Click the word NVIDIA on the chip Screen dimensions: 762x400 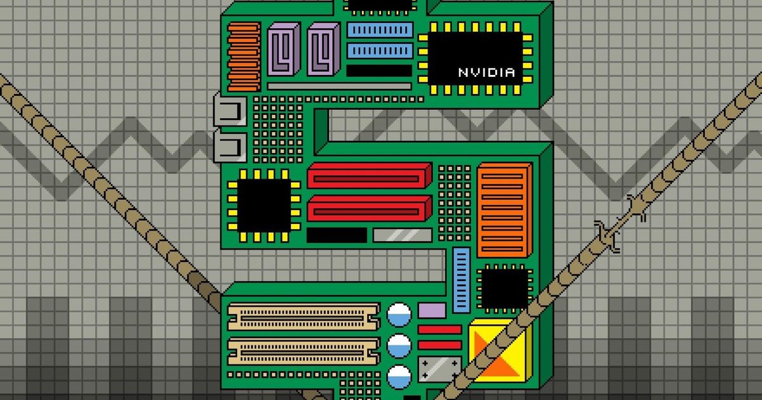pos(486,72)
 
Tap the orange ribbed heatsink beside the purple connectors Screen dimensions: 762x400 pos(244,57)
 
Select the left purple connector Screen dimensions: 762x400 pos(284,50)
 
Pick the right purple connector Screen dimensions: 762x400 pos(323,50)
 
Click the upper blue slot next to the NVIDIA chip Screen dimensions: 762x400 pos(380,30)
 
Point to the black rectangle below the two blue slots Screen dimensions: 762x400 pos(379,70)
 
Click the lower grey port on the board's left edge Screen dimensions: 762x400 pos(231,147)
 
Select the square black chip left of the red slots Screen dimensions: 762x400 pos(264,206)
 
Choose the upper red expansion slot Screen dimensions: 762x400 pos(370,176)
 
